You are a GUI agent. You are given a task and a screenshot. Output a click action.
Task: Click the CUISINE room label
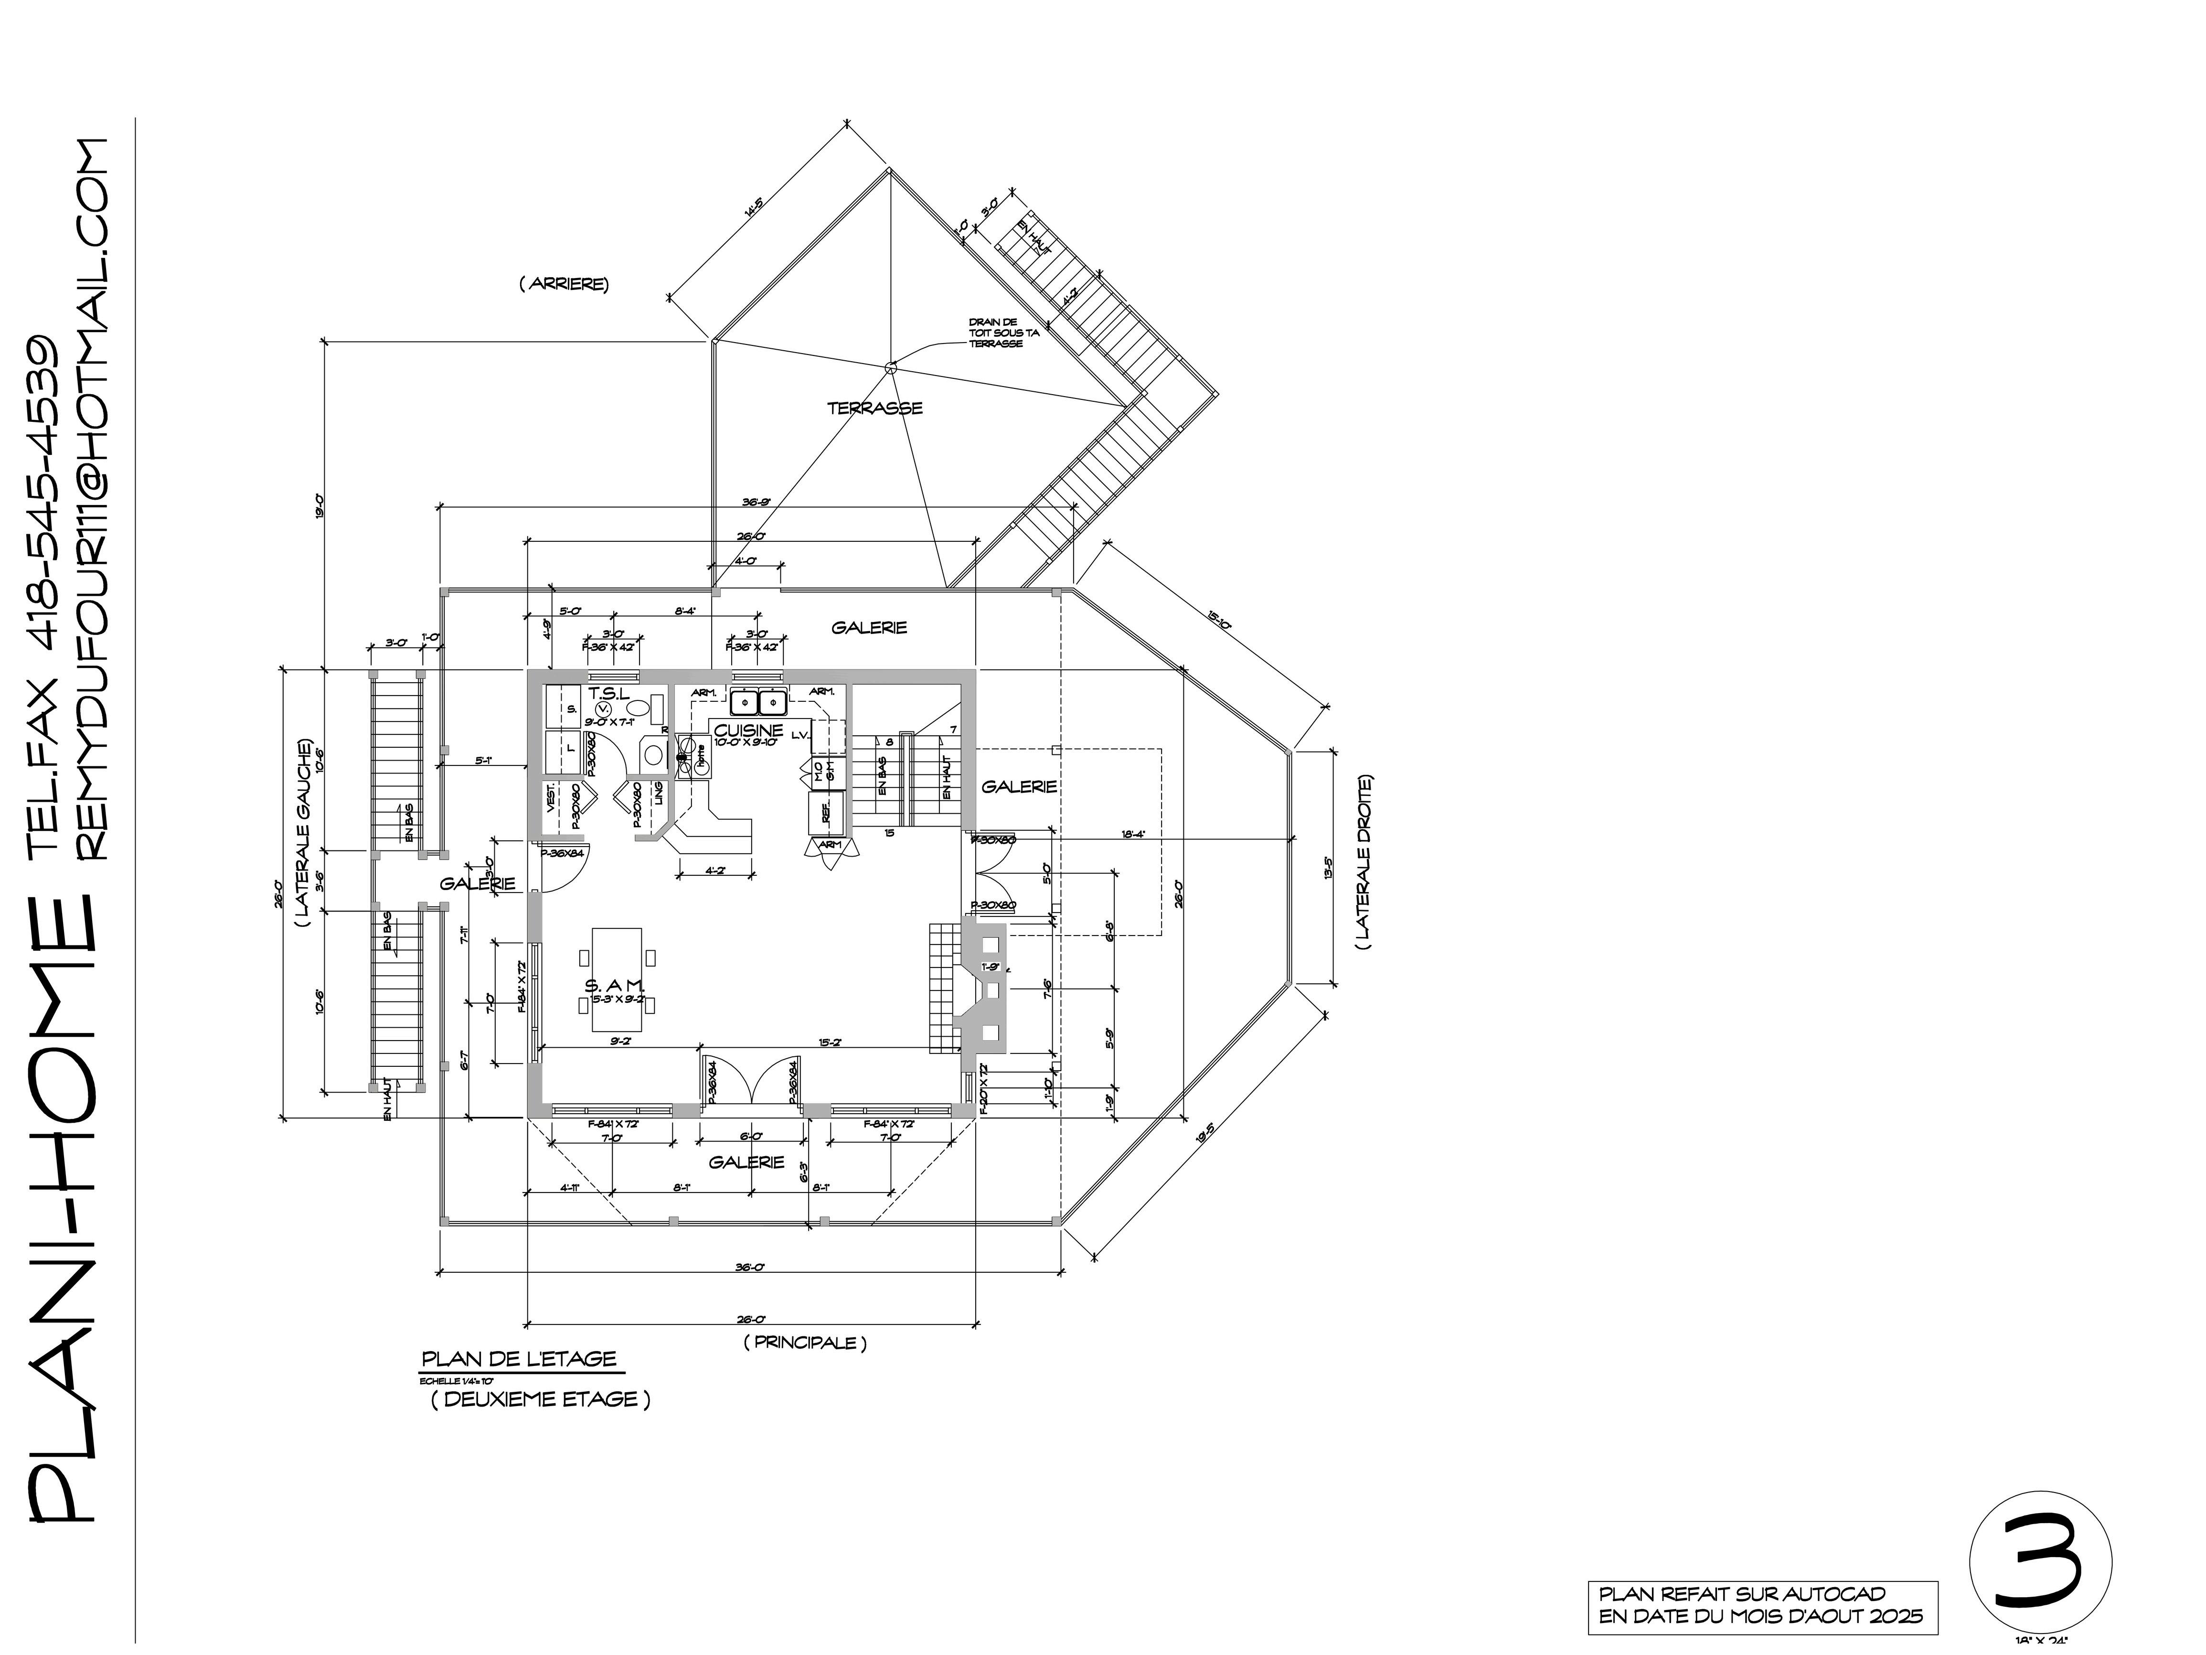(x=749, y=730)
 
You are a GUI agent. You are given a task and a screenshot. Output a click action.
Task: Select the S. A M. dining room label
(x=618, y=986)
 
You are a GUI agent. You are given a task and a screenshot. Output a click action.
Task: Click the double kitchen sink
(x=759, y=702)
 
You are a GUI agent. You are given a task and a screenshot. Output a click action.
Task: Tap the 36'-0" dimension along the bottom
(x=749, y=1268)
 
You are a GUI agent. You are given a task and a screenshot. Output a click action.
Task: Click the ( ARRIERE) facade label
(x=564, y=284)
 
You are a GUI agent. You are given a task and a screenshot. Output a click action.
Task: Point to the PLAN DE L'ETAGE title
(x=519, y=1359)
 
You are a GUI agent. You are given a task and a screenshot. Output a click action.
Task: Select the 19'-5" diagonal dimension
(x=1206, y=1134)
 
